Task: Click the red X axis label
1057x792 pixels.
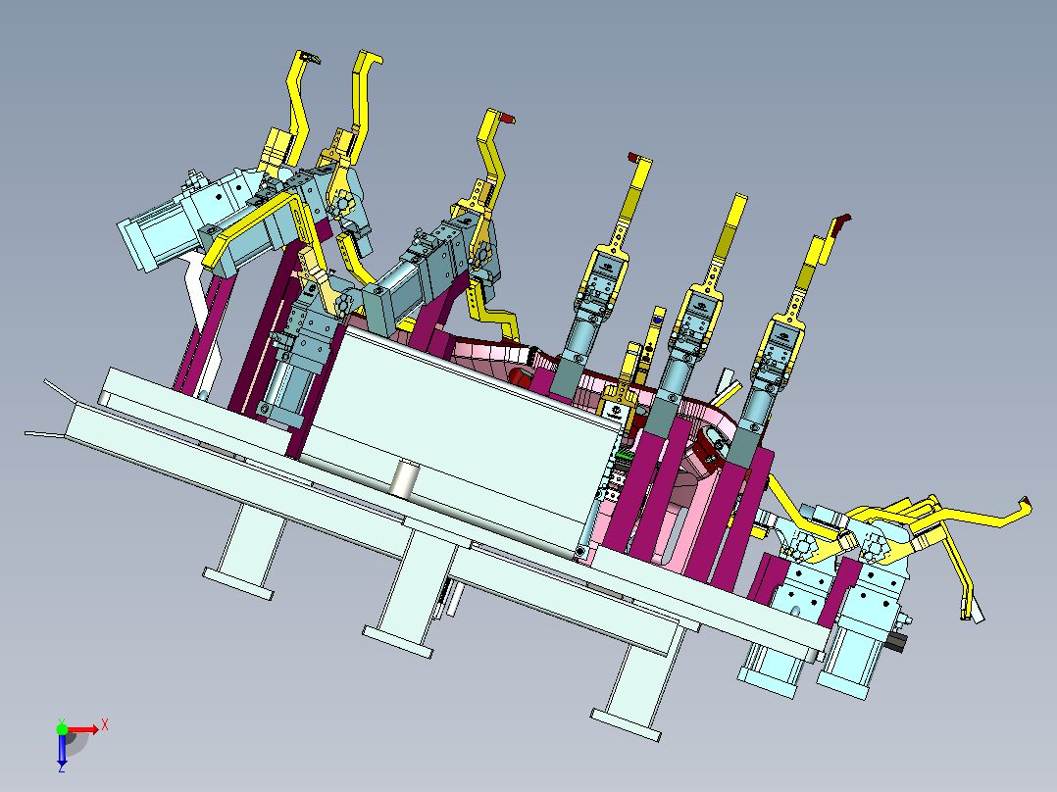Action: [105, 726]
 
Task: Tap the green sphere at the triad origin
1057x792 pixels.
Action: [62, 729]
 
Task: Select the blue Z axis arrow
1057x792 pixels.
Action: [62, 748]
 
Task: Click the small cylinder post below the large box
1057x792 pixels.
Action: [404, 478]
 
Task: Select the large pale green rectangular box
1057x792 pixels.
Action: [459, 438]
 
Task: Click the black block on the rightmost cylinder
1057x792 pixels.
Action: [895, 641]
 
